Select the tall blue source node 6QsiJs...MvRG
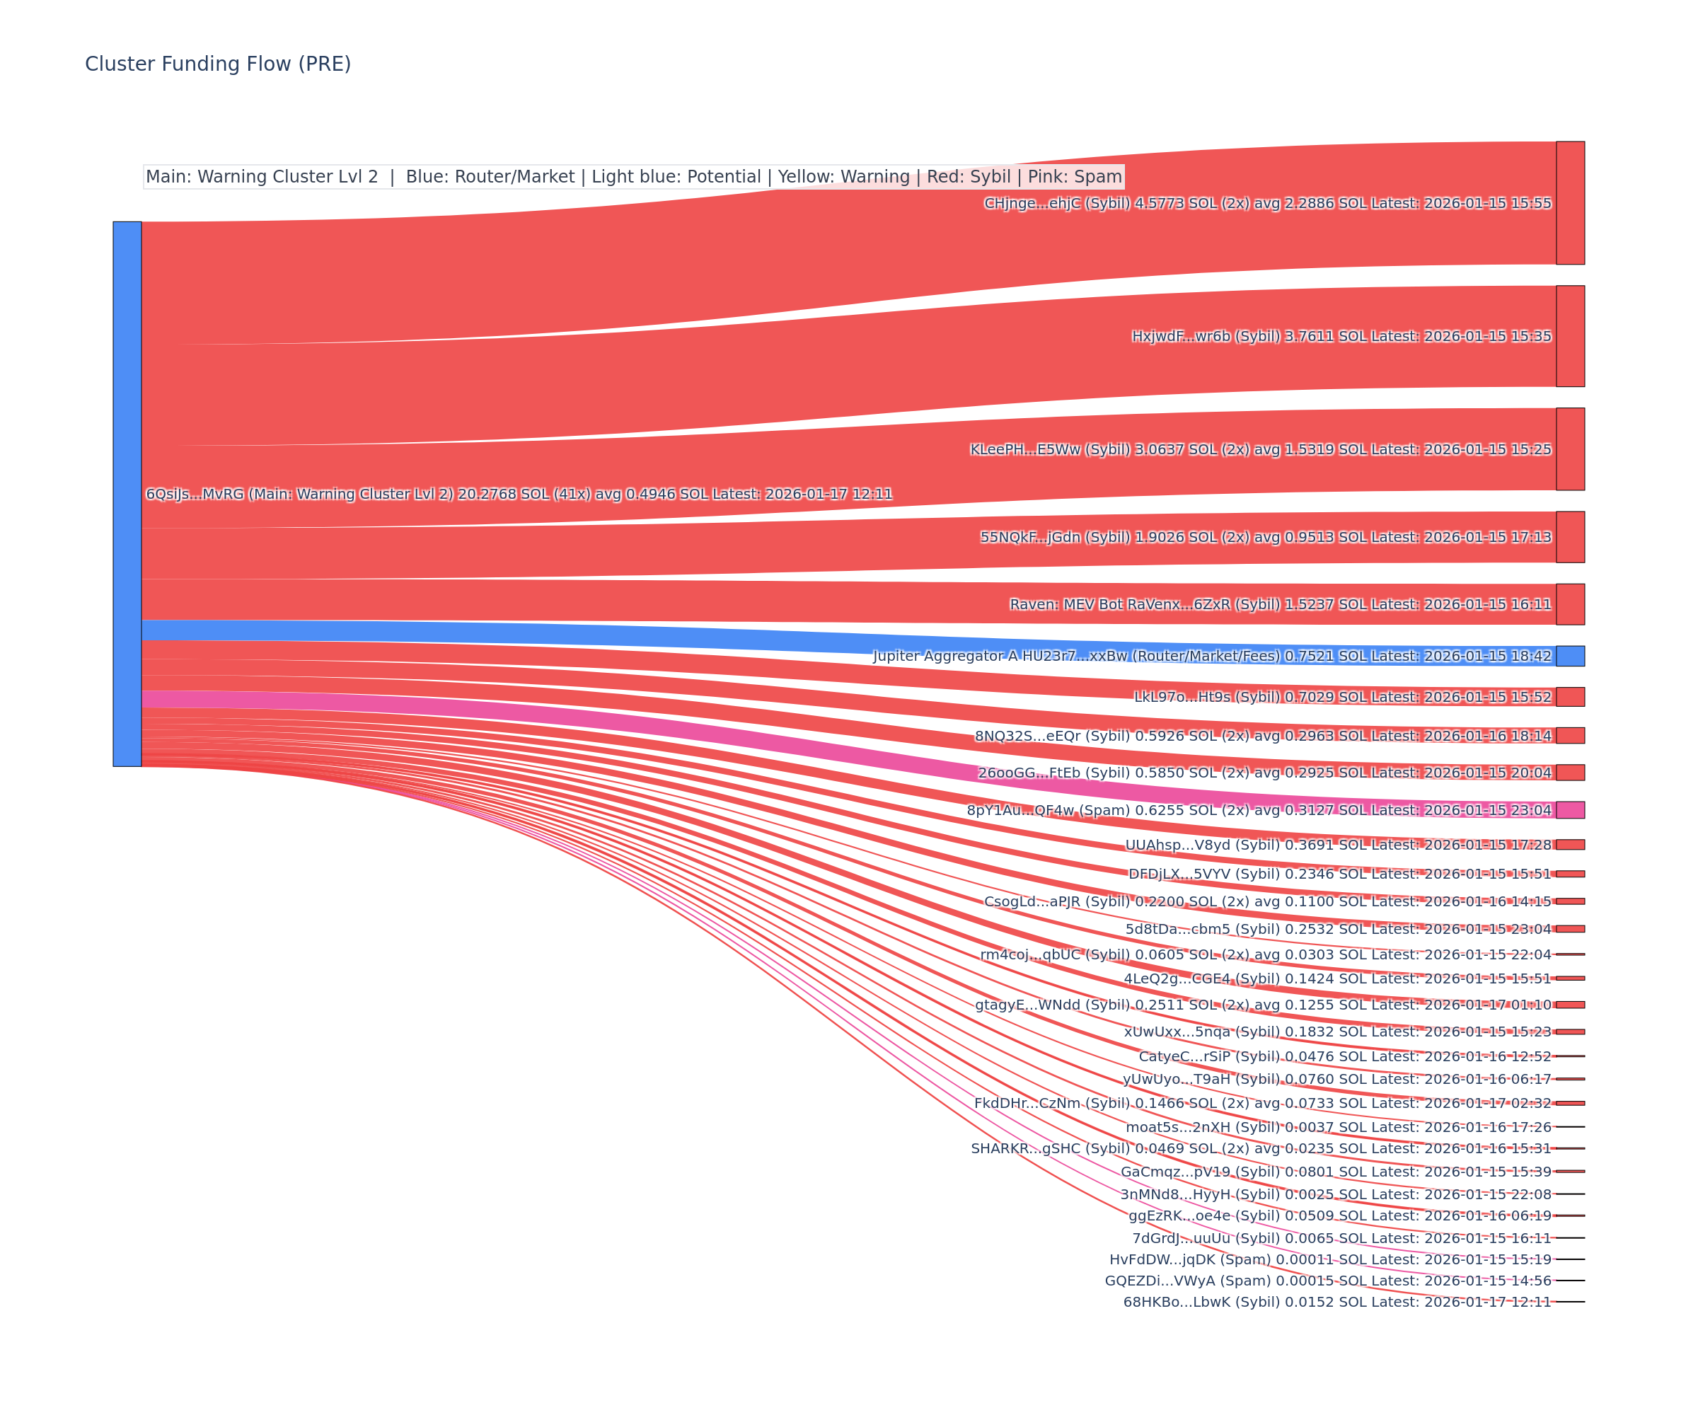coord(127,493)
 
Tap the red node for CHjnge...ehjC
coord(1570,203)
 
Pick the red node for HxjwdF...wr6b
coord(1570,335)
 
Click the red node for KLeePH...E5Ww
coord(1570,449)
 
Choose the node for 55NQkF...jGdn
coord(1570,537)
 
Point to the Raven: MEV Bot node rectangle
coord(1570,604)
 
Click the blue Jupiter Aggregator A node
coord(1570,656)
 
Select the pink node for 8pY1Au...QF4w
coord(1570,809)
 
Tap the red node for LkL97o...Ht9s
coord(1570,696)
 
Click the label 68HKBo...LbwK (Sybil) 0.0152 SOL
coord(1336,1302)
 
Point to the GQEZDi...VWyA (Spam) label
coord(1328,1281)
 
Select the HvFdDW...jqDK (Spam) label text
coord(1330,1259)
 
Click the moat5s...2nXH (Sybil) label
coord(1338,1127)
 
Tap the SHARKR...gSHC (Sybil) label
coord(1261,1148)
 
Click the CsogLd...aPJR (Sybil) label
coord(1267,901)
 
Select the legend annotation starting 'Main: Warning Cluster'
coord(633,177)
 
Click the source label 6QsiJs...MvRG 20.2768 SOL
coord(519,494)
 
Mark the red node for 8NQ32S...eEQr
coord(1570,735)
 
